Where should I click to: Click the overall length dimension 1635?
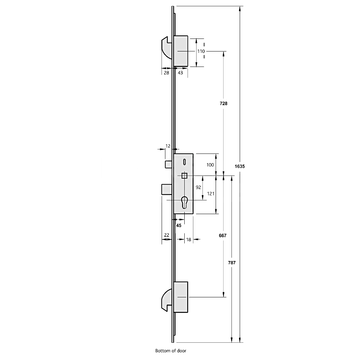[x=239, y=166]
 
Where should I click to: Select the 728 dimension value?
[x=224, y=103]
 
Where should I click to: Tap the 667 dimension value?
[x=223, y=235]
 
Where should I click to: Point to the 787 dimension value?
[x=232, y=263]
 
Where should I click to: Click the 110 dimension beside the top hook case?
[x=201, y=51]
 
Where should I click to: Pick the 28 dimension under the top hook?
[x=166, y=73]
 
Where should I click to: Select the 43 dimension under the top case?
[x=180, y=73]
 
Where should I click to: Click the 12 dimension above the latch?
[x=168, y=146]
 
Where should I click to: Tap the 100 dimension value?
[x=210, y=165]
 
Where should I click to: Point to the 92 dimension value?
[x=198, y=187]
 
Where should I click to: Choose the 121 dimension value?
[x=211, y=194]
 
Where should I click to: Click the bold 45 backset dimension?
[x=179, y=225]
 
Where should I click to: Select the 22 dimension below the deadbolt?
[x=166, y=235]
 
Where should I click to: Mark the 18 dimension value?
[x=189, y=239]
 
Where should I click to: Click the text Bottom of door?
[x=171, y=350]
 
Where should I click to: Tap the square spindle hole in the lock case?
[x=184, y=176]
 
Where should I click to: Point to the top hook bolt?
[x=167, y=49]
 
